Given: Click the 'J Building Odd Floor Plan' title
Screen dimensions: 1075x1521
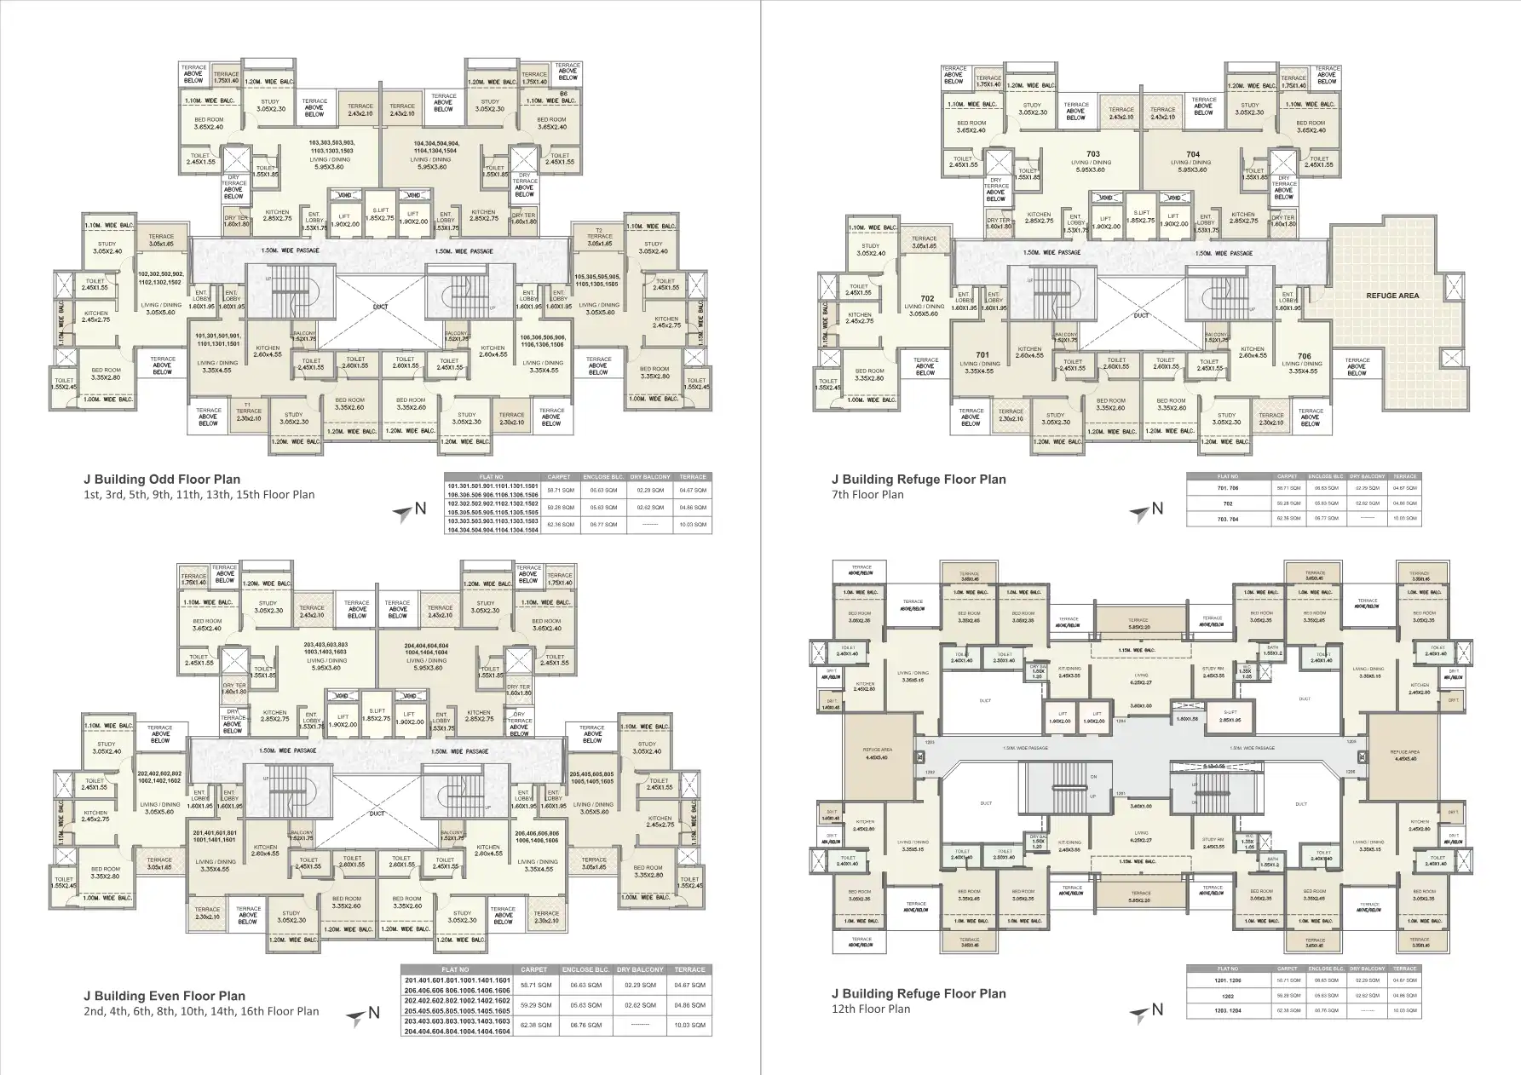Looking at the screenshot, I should [161, 480].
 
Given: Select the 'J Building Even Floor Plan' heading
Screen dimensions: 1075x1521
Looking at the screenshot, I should [164, 996].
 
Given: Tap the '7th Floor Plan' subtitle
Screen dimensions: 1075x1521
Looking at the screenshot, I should [867, 494].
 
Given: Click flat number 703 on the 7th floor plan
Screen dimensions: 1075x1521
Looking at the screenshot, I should [1093, 155].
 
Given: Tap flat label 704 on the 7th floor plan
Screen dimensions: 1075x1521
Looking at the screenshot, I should [1192, 155].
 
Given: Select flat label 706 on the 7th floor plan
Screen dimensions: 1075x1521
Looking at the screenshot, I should [1304, 356].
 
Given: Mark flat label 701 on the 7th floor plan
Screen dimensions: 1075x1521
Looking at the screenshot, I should [982, 354].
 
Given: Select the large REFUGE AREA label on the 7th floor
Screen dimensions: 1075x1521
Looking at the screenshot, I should [1391, 296].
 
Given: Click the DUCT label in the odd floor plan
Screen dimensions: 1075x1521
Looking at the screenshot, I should [380, 308].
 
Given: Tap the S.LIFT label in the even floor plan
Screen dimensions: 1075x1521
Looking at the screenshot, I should [377, 711].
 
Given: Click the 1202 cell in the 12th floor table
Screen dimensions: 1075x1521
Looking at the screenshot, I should [1228, 995].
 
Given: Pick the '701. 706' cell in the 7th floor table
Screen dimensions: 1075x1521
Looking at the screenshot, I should [1228, 488].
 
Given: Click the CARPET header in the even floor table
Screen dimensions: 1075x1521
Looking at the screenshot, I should [535, 969].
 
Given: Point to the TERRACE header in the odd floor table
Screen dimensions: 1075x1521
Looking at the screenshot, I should [693, 477].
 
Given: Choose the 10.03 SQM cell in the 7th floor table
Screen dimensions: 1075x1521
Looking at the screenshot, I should [1405, 518].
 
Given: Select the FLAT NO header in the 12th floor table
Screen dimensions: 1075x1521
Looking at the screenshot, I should [1228, 969].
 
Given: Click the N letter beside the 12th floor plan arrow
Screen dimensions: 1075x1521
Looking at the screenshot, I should [1157, 1010].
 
